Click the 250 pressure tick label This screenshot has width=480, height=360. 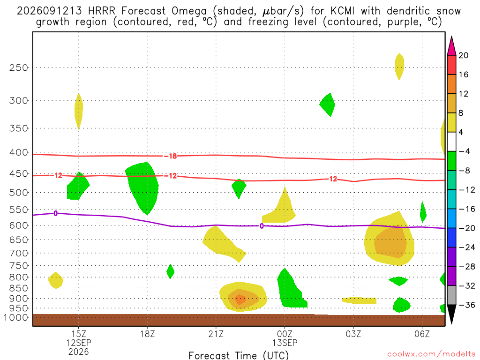19,67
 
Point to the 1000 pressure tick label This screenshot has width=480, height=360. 16,317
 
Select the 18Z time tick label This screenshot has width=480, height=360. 147,334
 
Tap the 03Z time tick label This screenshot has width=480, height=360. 353,334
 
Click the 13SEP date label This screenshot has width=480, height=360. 285,343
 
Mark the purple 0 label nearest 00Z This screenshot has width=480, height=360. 262,226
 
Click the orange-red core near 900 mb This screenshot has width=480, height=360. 240,300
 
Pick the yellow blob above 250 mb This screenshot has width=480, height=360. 399,67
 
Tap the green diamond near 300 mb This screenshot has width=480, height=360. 327,105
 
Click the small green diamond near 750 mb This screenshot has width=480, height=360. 170,271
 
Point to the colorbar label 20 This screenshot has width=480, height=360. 463,55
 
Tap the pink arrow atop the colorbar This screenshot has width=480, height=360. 451,46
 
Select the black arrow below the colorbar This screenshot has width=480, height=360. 451,314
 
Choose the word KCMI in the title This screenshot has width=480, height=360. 342,11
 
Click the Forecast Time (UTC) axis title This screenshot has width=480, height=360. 239,355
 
